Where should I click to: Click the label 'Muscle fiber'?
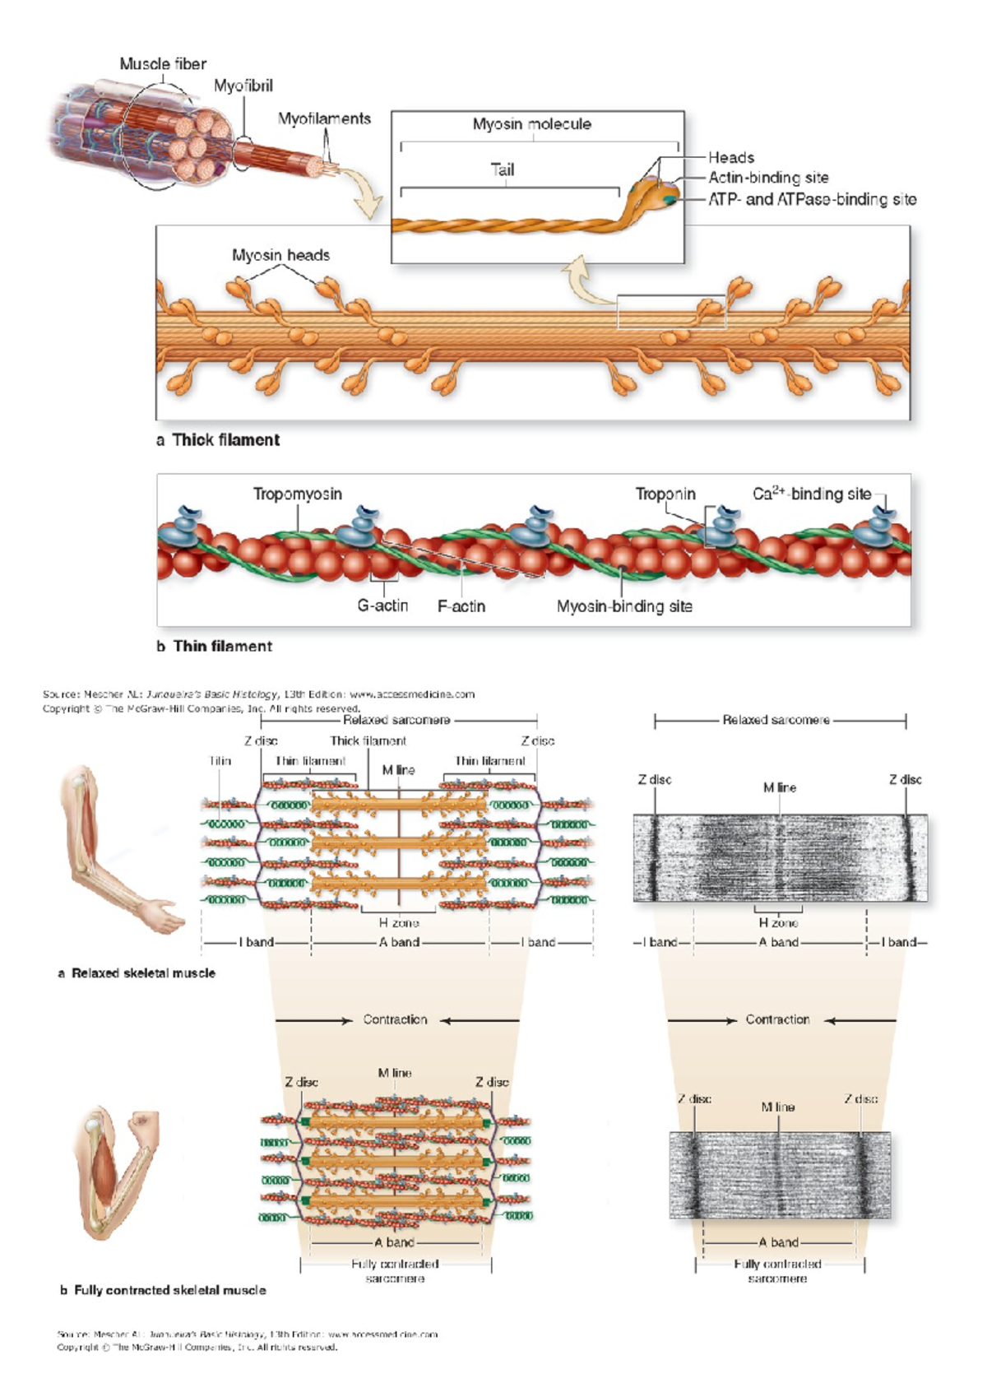163,63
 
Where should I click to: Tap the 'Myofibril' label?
243,86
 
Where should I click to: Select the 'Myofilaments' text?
324,118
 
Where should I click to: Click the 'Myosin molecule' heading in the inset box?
531,124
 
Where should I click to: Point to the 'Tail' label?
502,169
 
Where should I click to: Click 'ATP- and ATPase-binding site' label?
812,199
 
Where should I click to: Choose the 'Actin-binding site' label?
768,178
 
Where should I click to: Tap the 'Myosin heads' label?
280,255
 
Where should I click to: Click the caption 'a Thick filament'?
218,440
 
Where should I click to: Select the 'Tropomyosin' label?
297,494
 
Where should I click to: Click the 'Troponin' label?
665,494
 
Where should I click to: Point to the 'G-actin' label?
382,606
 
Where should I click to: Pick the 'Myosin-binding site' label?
624,606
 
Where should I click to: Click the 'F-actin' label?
461,606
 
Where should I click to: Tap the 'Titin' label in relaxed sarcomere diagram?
220,761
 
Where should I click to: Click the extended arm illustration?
115,847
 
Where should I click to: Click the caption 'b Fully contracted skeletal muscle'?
162,1290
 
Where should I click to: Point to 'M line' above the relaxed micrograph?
779,787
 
